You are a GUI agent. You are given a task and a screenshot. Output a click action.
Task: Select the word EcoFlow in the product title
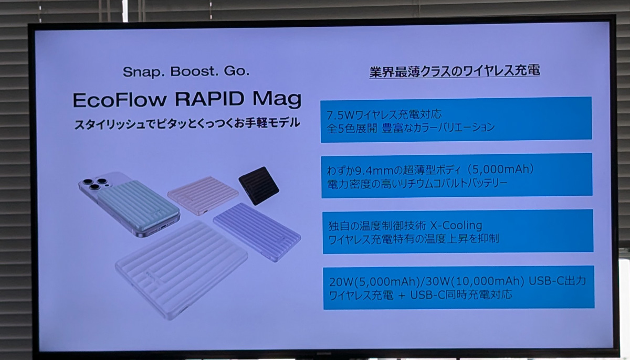point(120,100)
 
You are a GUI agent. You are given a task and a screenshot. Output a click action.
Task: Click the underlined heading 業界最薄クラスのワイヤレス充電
point(455,71)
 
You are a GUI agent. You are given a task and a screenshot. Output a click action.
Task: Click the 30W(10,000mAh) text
point(475,281)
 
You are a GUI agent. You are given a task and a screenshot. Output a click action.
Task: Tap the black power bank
point(259,185)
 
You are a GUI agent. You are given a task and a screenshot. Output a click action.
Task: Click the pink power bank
point(203,196)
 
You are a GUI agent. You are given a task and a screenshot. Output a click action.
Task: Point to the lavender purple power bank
point(257,232)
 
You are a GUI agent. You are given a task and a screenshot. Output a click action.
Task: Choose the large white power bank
point(182,269)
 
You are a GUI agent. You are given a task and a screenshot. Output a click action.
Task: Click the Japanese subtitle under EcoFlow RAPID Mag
point(187,124)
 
